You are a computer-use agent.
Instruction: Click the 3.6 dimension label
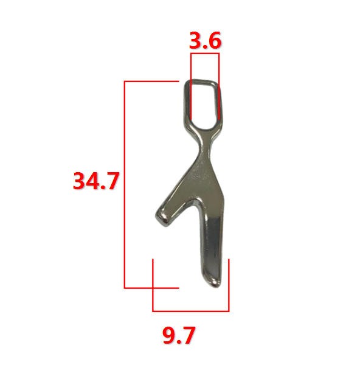(205, 41)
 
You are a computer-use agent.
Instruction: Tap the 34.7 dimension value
(96, 181)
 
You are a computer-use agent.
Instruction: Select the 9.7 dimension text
(179, 335)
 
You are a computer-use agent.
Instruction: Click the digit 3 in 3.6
(195, 41)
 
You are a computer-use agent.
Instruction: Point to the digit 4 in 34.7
(93, 181)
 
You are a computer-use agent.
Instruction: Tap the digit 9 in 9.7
(168, 335)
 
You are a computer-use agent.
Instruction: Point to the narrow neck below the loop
(206, 145)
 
